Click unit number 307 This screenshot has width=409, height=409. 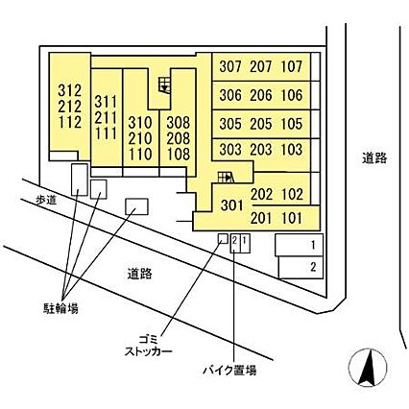click(230, 66)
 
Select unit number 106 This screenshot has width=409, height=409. click(292, 95)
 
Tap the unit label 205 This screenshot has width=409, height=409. click(261, 124)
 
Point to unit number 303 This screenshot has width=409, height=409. click(230, 150)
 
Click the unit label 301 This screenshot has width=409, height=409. click(231, 205)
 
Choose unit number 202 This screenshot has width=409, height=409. click(261, 194)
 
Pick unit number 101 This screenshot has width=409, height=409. click(292, 218)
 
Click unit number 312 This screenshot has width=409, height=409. click(70, 91)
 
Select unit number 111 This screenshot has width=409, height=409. click(106, 133)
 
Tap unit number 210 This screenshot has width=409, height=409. click(140, 138)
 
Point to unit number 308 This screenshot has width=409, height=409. click(179, 123)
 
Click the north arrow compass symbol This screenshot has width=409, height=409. click(368, 368)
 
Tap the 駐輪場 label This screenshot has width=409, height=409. click(60, 308)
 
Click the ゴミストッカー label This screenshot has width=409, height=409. click(148, 346)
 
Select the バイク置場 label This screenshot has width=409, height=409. click(229, 371)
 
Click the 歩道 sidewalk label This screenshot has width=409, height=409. click(46, 200)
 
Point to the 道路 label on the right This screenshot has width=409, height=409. click(374, 158)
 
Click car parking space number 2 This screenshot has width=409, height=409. click(301, 267)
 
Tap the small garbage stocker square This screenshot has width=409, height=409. click(223, 238)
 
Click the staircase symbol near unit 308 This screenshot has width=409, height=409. click(165, 84)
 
